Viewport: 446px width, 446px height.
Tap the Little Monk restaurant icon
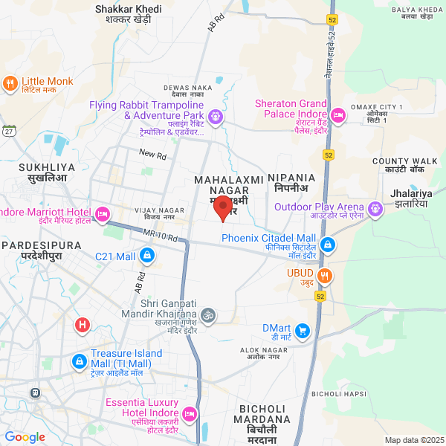10,83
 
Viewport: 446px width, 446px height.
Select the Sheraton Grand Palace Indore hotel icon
337,114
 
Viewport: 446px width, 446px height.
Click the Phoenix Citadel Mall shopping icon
327,245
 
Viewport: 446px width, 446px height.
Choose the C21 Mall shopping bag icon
147,256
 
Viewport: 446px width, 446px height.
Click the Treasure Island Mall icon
79,361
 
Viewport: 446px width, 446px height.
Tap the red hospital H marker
83,325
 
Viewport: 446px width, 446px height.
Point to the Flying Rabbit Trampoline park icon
216,116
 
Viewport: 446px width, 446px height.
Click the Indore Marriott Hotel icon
103,214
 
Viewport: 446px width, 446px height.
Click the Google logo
25,437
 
